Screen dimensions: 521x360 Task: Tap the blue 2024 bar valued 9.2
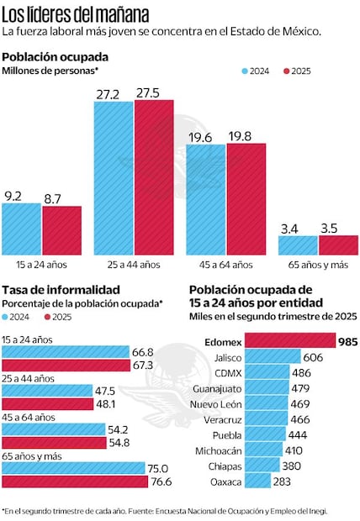click(21, 228)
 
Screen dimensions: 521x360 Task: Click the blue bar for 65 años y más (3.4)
click(298, 244)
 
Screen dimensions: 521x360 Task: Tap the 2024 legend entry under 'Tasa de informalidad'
click(20, 316)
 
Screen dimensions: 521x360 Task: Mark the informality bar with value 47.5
click(47, 391)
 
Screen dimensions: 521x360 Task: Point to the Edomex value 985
click(347, 341)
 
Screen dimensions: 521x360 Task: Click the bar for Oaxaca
click(259, 482)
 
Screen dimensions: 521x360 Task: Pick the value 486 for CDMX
click(301, 373)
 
